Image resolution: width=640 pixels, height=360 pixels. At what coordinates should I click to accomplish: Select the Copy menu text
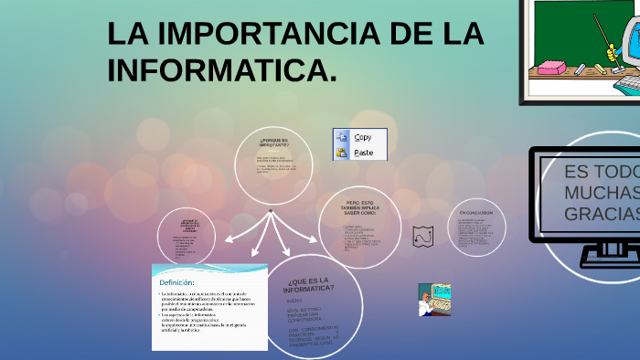[x=363, y=137]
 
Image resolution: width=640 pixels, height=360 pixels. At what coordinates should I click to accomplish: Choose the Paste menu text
[x=363, y=153]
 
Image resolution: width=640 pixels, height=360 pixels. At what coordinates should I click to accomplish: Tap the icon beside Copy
[x=342, y=137]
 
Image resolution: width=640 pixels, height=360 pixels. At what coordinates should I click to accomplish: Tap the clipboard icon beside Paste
[x=342, y=153]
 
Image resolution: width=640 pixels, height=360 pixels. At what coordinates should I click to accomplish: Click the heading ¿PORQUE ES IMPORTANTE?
[x=273, y=143]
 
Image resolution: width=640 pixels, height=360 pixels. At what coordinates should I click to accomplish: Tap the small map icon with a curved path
[x=421, y=235]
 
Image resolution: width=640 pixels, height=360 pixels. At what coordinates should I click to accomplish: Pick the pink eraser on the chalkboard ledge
[x=554, y=68]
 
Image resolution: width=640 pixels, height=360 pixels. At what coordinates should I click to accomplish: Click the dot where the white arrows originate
[x=271, y=211]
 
